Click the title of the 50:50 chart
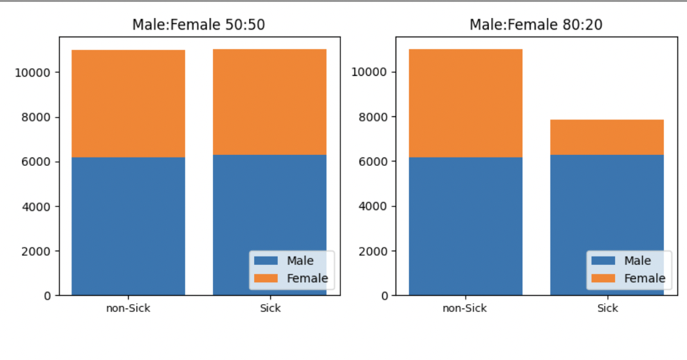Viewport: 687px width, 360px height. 199,25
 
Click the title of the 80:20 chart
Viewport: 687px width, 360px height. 536,25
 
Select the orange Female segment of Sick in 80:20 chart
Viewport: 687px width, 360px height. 607,137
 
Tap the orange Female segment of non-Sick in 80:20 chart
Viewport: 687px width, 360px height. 465,103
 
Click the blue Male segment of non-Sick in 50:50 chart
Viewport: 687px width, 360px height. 128,225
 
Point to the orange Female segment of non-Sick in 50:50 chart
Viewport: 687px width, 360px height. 128,104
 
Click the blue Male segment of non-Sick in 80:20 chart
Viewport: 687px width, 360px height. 465,225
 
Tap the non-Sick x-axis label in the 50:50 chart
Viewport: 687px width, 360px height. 128,309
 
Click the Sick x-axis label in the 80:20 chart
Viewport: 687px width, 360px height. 607,309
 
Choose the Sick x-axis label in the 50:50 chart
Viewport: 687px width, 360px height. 270,309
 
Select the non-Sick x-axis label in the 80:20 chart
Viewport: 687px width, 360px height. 465,309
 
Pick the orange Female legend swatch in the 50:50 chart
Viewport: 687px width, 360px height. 266,278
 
